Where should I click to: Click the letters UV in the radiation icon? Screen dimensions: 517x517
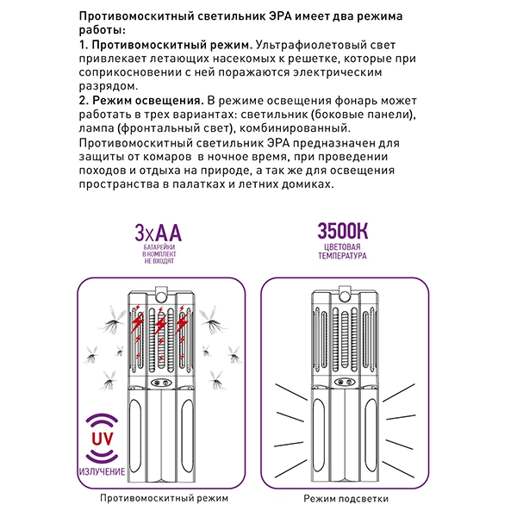point(100,439)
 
